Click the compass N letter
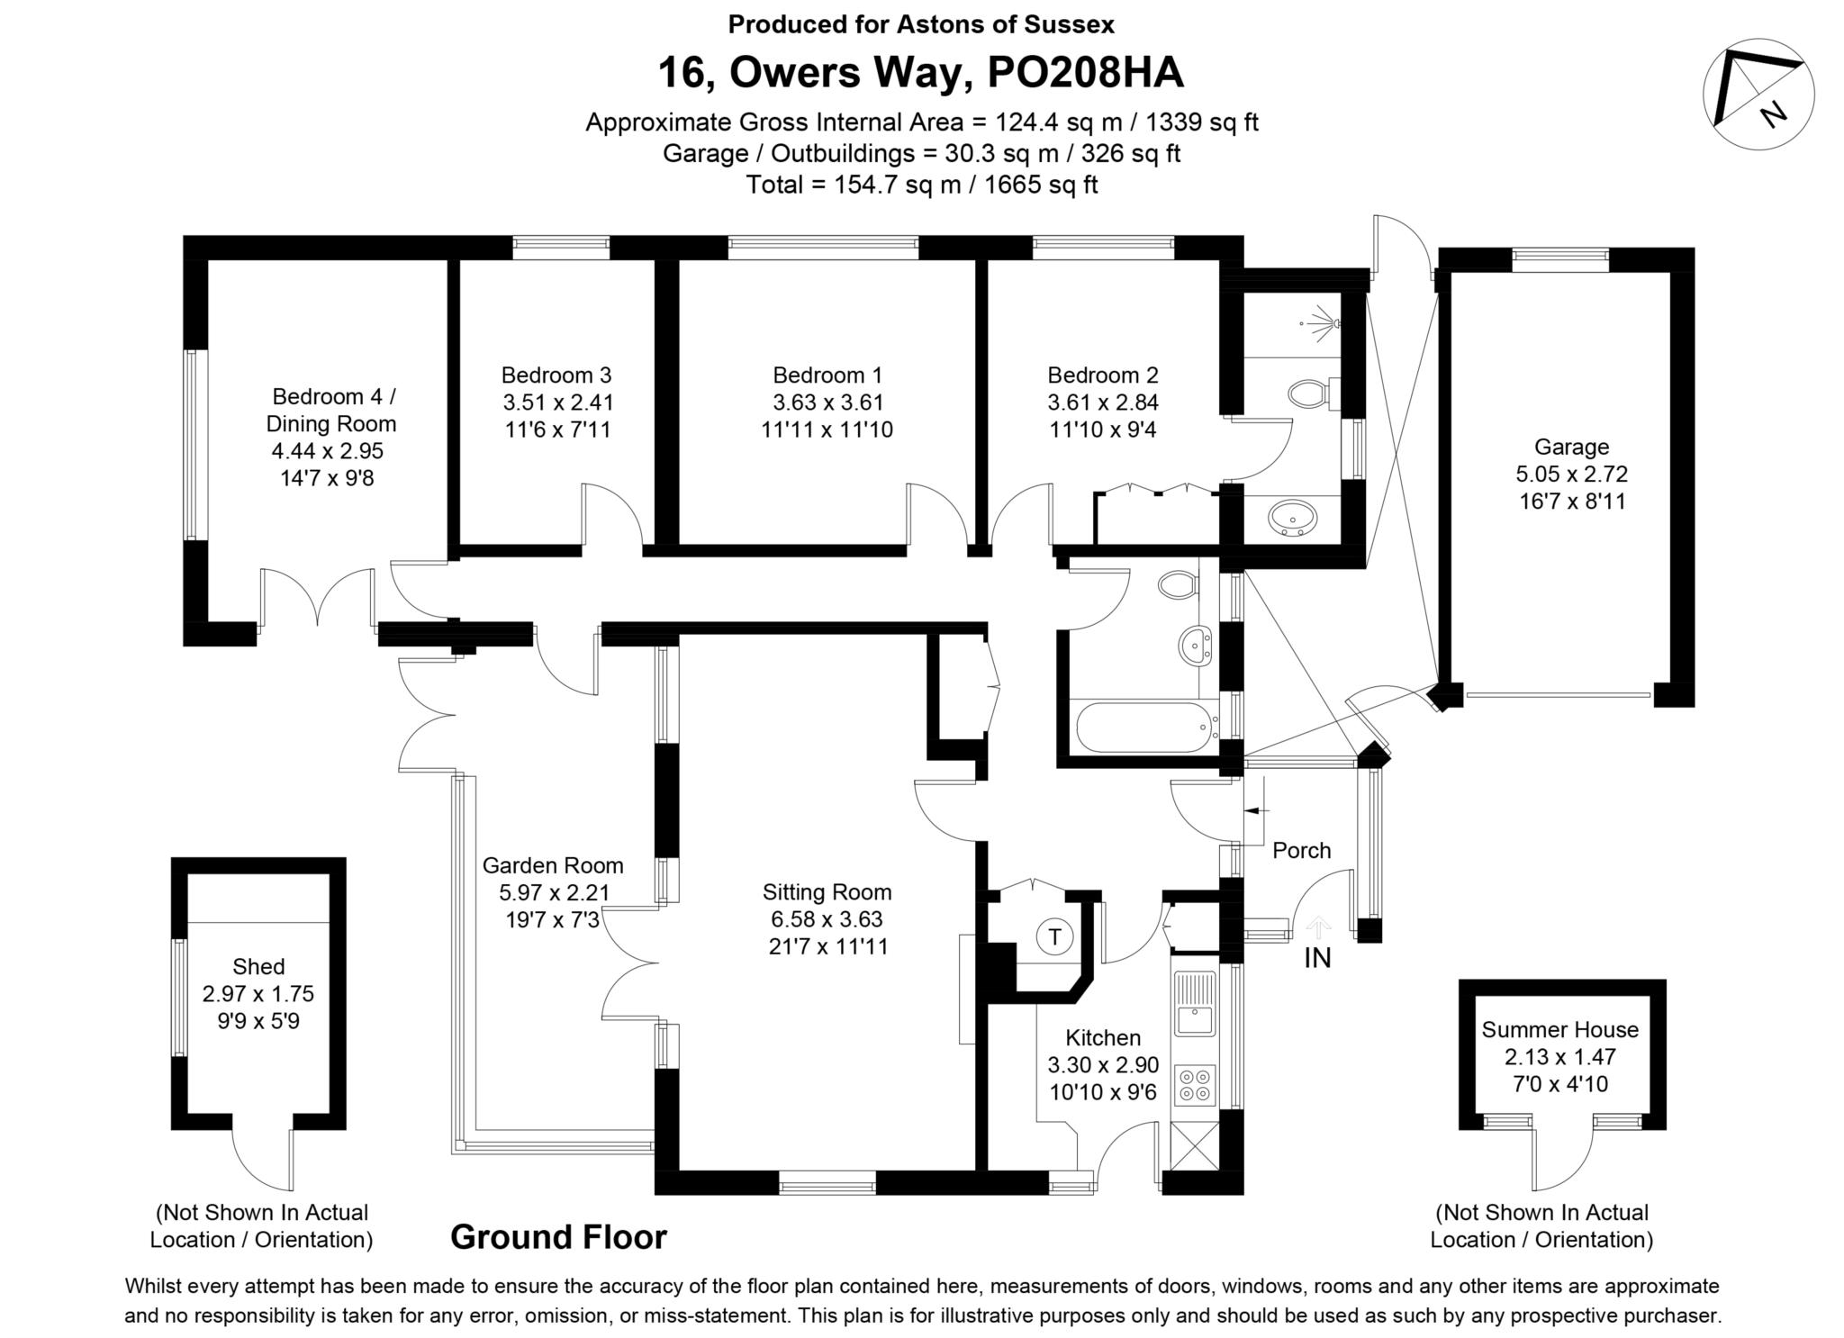pyautogui.click(x=1773, y=114)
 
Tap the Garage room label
pyautogui.click(x=1571, y=447)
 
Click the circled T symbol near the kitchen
pyautogui.click(x=1054, y=937)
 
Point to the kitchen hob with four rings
pyautogui.click(x=1194, y=1085)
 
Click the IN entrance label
pyautogui.click(x=1317, y=958)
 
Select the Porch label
pyautogui.click(x=1301, y=850)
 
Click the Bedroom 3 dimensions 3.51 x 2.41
pyautogui.click(x=557, y=402)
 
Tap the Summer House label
pyautogui.click(x=1560, y=1029)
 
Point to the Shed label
pyautogui.click(x=258, y=966)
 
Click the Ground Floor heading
pyautogui.click(x=558, y=1237)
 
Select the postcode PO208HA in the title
pyautogui.click(x=1085, y=73)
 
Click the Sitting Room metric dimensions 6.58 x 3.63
pyautogui.click(x=827, y=919)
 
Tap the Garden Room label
pyautogui.click(x=553, y=865)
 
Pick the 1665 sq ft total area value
pyautogui.click(x=1041, y=185)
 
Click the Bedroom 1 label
pyautogui.click(x=827, y=375)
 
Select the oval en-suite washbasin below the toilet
pyautogui.click(x=1292, y=519)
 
